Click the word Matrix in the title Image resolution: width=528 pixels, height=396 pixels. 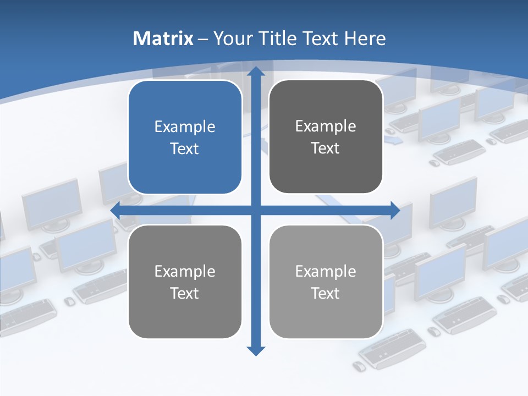163,38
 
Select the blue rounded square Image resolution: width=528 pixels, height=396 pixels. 185,137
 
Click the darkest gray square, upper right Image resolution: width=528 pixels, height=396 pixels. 326,137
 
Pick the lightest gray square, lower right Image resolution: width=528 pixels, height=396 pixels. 326,282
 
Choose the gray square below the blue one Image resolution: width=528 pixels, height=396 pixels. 185,282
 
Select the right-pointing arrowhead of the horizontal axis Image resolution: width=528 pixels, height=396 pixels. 395,210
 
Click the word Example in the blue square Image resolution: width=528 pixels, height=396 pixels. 185,127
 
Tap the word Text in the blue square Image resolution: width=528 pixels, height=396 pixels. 185,148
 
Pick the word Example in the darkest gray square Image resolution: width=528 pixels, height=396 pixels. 326,126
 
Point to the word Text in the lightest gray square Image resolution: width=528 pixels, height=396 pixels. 326,293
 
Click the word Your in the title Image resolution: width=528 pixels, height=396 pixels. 228,38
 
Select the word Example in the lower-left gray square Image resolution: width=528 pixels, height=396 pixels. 185,271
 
